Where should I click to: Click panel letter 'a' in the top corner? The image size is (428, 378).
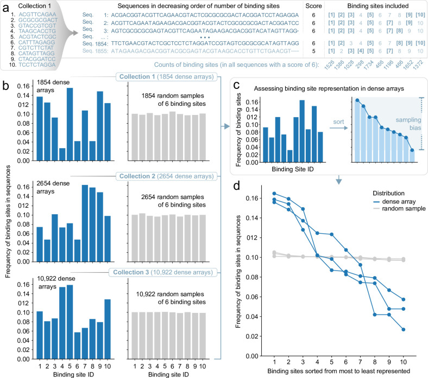(x=6, y=8)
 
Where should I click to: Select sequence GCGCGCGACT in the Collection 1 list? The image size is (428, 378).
(x=38, y=20)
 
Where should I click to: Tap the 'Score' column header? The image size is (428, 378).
(x=313, y=6)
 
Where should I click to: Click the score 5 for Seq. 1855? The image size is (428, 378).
(x=313, y=51)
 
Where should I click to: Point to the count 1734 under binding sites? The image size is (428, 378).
(x=368, y=66)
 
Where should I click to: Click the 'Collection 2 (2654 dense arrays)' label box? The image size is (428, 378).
(x=167, y=176)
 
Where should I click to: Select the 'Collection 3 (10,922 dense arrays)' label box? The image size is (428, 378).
(x=163, y=272)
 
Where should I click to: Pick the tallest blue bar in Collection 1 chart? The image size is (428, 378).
(x=70, y=124)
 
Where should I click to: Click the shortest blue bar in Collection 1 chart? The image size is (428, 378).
(x=62, y=154)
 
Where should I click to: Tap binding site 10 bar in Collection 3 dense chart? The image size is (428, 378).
(x=108, y=329)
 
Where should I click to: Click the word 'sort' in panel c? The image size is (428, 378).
(x=338, y=122)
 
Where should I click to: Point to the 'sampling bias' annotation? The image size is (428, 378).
(x=408, y=124)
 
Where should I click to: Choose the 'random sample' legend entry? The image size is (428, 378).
(x=399, y=209)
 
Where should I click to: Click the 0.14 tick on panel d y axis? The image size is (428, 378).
(x=251, y=218)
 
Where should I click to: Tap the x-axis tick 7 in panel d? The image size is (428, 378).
(x=360, y=362)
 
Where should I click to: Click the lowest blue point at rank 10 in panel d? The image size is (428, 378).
(x=403, y=330)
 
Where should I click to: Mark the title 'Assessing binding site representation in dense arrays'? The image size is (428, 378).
(x=329, y=88)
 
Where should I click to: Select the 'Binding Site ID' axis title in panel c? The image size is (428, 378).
(x=293, y=169)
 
